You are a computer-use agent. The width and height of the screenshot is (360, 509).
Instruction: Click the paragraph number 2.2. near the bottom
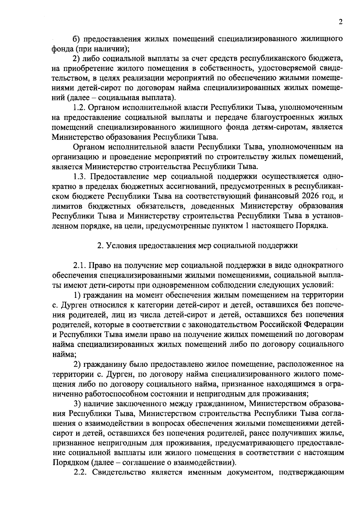pos(80,472)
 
